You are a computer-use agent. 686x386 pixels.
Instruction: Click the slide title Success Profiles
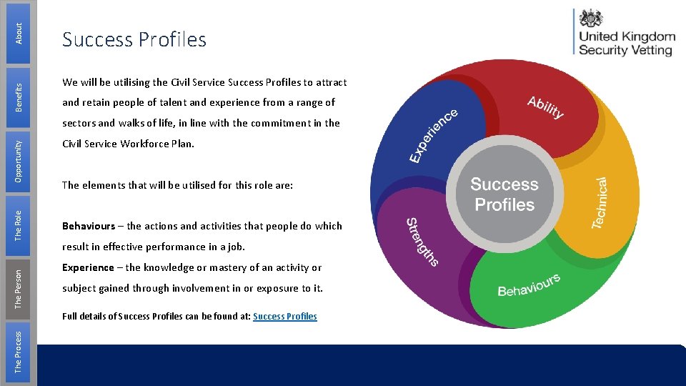(134, 40)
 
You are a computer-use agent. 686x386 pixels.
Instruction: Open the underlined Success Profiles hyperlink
(284, 316)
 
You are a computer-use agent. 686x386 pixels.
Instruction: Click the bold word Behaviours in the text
(89, 226)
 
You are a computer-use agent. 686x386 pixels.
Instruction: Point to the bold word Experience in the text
(88, 267)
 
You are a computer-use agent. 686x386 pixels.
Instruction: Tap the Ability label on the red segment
(545, 107)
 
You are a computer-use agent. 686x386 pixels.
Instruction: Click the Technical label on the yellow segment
(600, 204)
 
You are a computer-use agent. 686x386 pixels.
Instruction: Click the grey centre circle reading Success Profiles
(504, 195)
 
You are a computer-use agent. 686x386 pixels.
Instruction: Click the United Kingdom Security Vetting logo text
(627, 44)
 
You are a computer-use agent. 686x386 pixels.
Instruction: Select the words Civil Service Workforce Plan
(128, 144)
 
